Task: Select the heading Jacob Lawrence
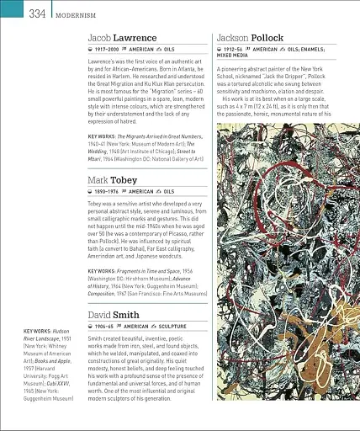[x=122, y=38]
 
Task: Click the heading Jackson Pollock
[x=250, y=38]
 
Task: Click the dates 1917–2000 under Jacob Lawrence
[x=109, y=50]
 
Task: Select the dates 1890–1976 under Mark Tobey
[x=109, y=192]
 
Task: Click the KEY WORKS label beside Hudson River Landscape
[x=37, y=332]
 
